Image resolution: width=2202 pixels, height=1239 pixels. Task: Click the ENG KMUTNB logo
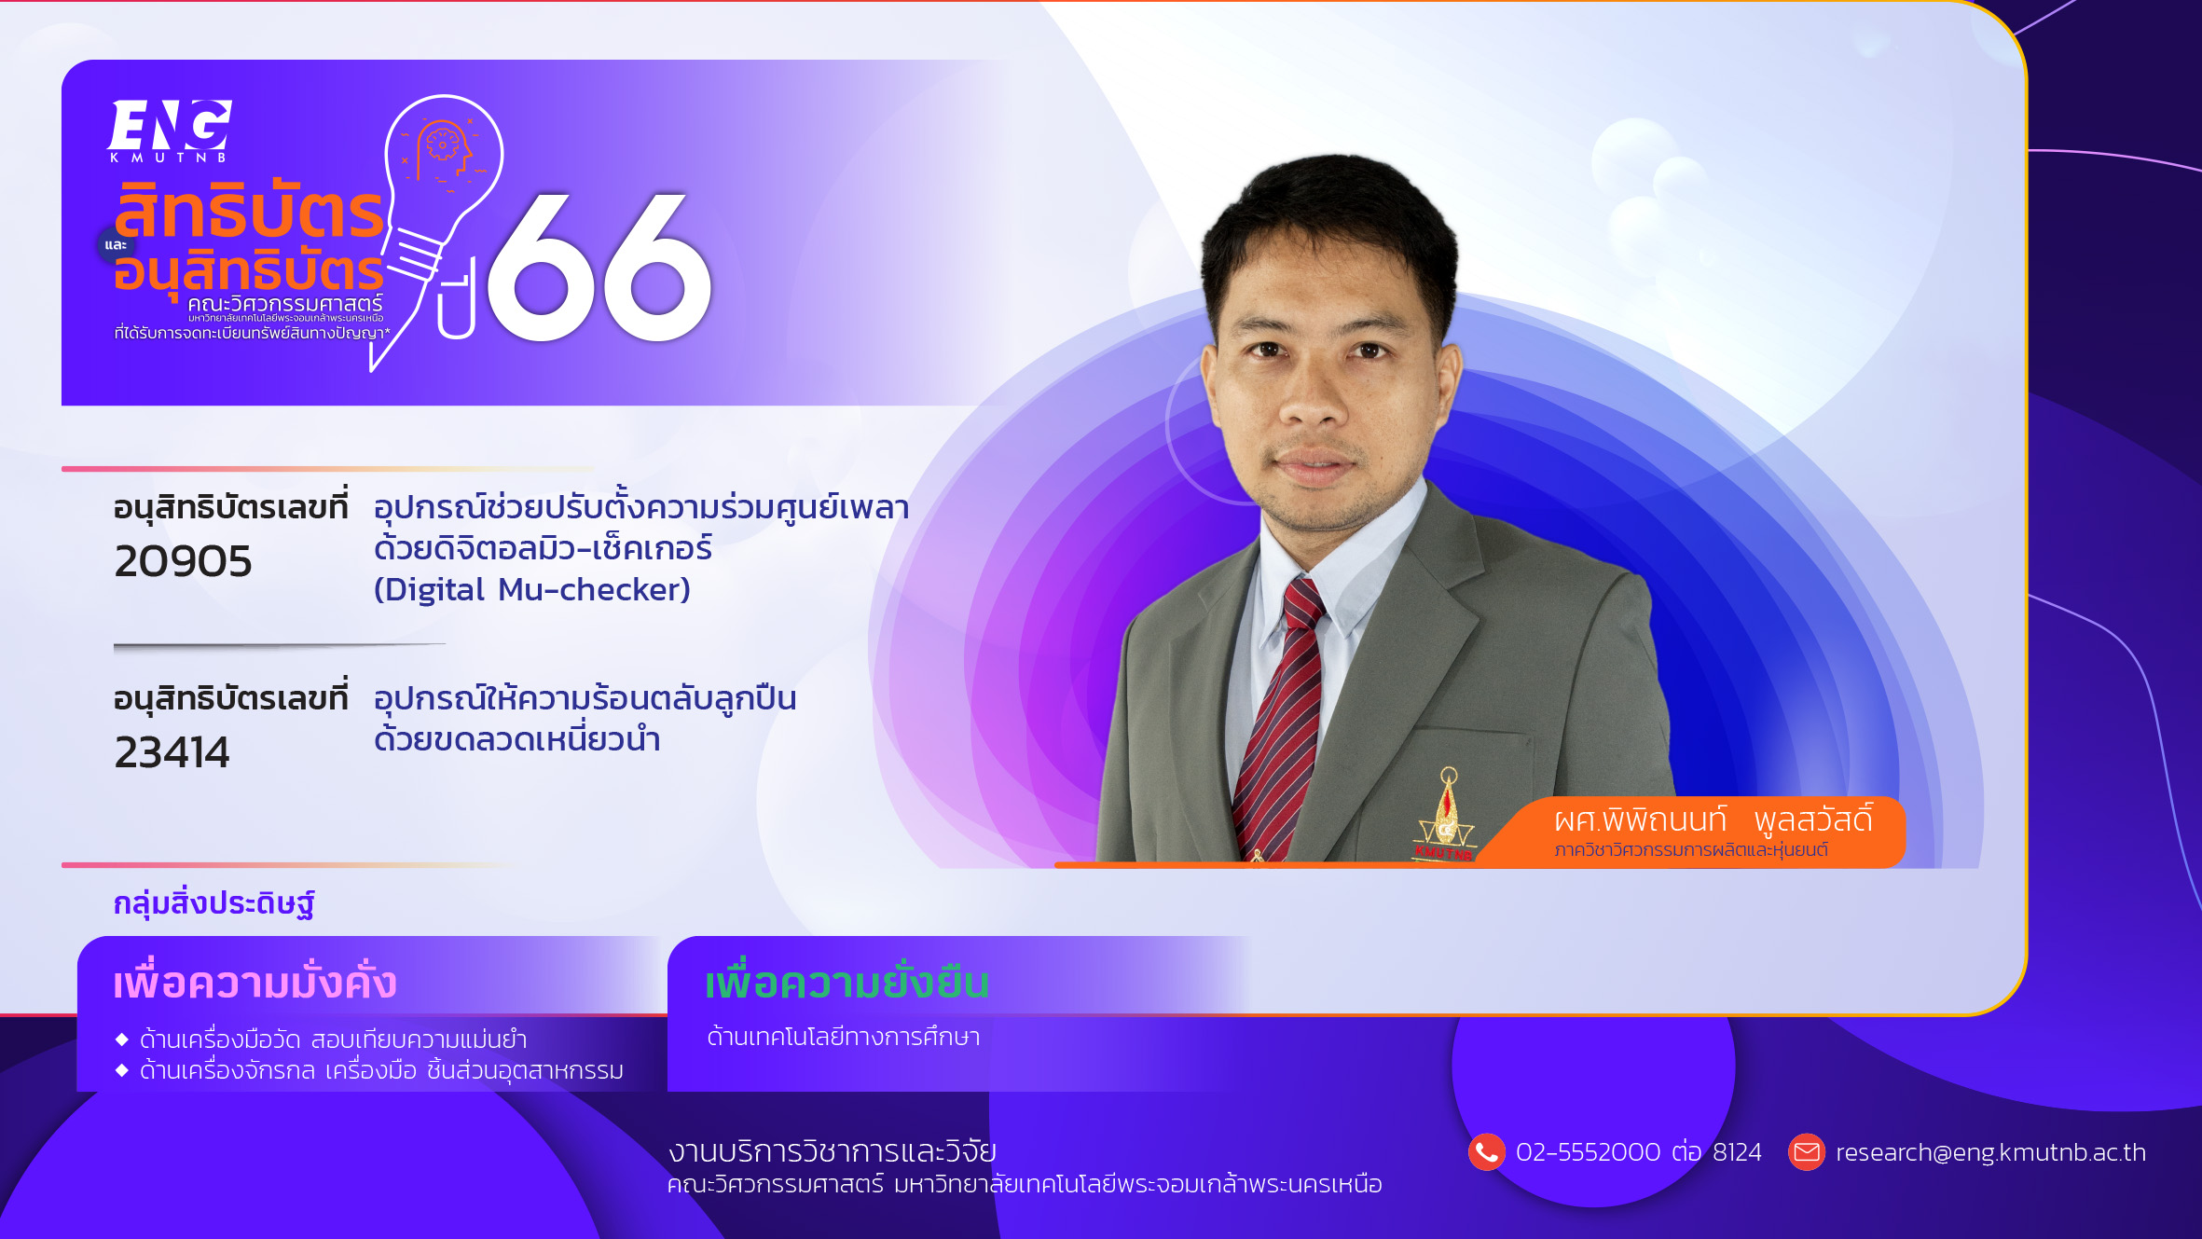click(170, 131)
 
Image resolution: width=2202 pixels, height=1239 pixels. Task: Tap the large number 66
click(599, 268)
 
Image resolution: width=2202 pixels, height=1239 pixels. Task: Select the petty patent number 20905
click(183, 561)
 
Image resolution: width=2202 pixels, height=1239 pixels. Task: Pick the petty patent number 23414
click(172, 752)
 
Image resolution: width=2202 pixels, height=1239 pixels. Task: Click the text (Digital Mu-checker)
click(532, 589)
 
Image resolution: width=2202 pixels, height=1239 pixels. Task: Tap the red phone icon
click(1486, 1152)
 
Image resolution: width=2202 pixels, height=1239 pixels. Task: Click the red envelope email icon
click(1806, 1152)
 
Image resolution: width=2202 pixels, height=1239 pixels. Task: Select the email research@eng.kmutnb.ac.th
click(1990, 1152)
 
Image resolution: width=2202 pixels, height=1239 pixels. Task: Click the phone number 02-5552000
click(1588, 1152)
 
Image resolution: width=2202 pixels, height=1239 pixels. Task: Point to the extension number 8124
click(1737, 1152)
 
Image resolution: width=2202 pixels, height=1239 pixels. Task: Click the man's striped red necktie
click(1278, 718)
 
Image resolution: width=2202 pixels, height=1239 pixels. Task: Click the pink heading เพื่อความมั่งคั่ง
click(255, 982)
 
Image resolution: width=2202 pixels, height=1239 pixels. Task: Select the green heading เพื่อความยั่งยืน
click(846, 982)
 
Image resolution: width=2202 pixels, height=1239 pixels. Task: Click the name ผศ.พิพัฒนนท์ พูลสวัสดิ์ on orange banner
click(1713, 819)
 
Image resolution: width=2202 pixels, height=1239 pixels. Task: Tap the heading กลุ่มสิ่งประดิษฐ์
click(213, 903)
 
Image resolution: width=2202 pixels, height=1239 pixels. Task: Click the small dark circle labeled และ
click(116, 245)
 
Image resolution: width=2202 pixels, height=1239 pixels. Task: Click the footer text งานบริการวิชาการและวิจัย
click(832, 1151)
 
